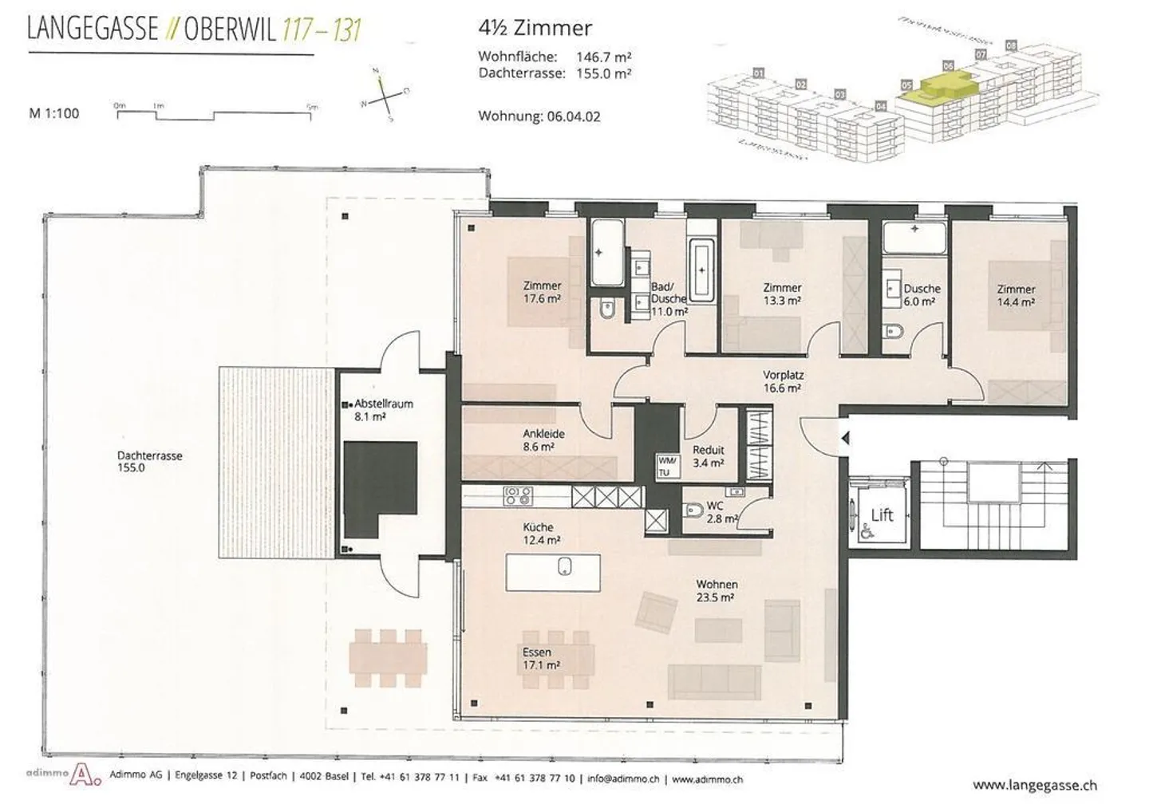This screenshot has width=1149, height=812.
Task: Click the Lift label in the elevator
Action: pos(882,515)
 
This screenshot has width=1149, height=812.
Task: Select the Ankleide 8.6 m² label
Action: pos(543,440)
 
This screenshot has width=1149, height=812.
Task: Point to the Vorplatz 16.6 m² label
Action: pos(783,381)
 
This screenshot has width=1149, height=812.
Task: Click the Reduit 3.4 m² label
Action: pos(708,456)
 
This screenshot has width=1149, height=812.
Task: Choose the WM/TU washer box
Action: pos(666,467)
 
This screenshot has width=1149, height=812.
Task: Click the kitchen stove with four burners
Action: pos(518,496)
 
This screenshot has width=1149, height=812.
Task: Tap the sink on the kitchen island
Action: pos(564,567)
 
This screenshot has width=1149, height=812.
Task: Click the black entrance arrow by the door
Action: pos(844,438)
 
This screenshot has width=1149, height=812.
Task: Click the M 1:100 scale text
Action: pos(54,113)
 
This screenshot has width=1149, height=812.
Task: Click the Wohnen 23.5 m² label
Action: pos(716,590)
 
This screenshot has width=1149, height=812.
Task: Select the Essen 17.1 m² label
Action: pos(540,658)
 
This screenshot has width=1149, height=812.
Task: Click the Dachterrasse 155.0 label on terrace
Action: pos(149,462)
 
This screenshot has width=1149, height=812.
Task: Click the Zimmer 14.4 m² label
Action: pos(1016,296)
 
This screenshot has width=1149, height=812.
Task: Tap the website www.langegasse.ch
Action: pos(1034,785)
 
